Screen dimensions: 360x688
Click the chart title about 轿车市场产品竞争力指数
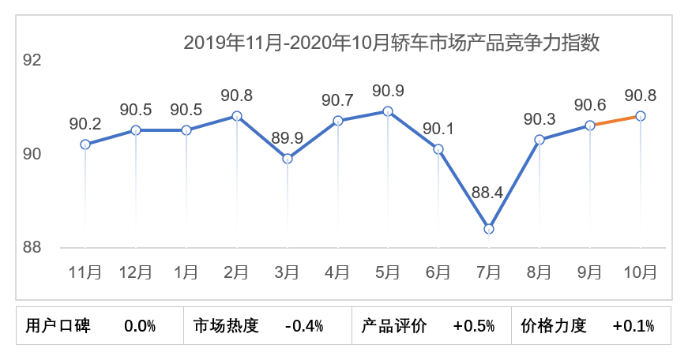click(392, 43)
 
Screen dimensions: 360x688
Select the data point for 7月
click(489, 229)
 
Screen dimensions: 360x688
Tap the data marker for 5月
click(388, 111)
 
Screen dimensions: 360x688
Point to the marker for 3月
click(288, 159)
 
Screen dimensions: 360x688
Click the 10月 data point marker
click(641, 116)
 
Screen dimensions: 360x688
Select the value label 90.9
click(388, 90)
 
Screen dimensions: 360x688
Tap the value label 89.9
click(288, 137)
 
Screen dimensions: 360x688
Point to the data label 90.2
click(85, 123)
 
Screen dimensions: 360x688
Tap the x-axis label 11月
click(85, 272)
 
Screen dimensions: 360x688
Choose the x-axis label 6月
click(438, 272)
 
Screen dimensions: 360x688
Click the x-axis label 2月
click(237, 272)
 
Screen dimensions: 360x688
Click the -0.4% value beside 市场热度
click(304, 326)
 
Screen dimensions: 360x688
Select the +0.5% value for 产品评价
click(474, 326)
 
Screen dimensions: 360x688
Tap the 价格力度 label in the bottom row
click(555, 326)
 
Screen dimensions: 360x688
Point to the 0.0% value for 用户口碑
click(140, 326)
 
